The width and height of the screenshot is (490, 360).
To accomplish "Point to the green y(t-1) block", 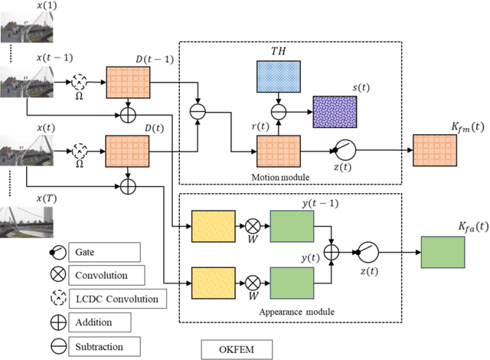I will click(x=290, y=227).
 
